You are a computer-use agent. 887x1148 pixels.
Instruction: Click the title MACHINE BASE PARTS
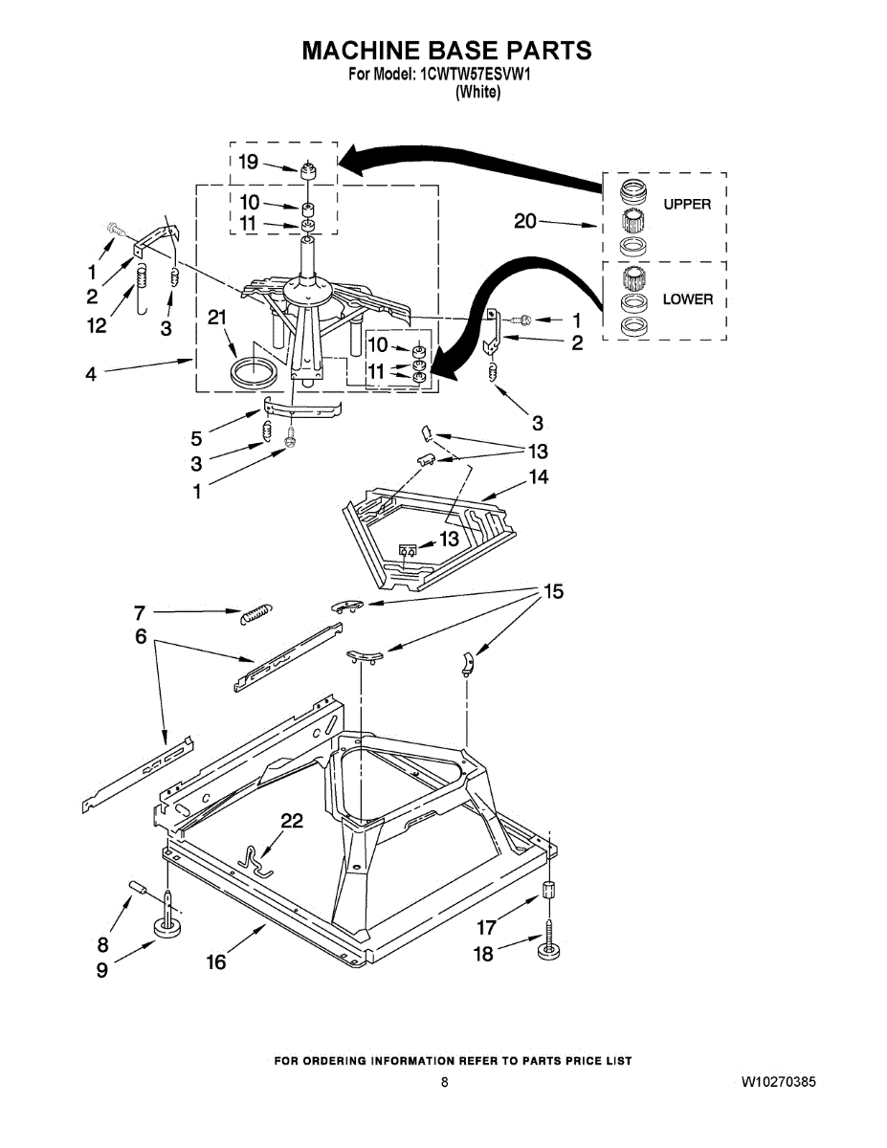[447, 51]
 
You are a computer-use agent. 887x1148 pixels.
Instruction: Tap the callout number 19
[248, 162]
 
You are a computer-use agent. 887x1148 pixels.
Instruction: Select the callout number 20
[525, 221]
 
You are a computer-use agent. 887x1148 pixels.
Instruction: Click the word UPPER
[686, 204]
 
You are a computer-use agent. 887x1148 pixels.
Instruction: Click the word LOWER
[687, 299]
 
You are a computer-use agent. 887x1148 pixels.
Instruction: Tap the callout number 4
[90, 375]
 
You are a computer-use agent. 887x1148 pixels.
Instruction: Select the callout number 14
[539, 476]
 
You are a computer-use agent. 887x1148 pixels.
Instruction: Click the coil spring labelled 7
[256, 613]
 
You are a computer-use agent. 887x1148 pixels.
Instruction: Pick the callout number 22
[292, 820]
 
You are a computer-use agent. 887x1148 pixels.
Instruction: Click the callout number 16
[217, 961]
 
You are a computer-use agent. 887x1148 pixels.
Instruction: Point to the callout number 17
[487, 927]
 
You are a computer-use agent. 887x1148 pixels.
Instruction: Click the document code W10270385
[778, 1082]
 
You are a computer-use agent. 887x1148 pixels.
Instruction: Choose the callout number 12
[96, 326]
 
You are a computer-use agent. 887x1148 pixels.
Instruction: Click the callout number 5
[196, 439]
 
